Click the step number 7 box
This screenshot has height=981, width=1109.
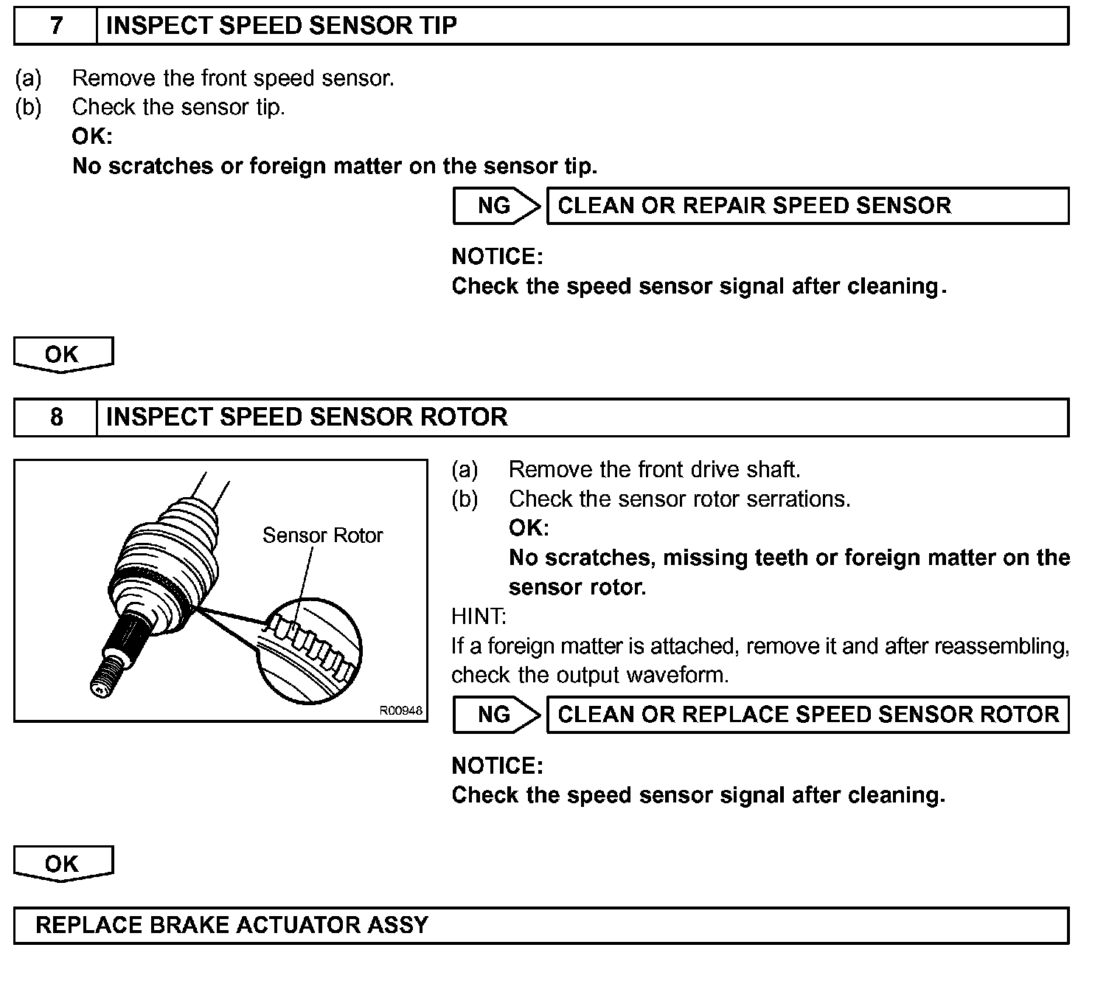(56, 26)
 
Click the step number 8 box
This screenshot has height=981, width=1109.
(56, 417)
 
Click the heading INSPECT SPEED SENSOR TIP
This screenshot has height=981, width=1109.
(282, 26)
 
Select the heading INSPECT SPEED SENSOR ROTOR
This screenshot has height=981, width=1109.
(307, 417)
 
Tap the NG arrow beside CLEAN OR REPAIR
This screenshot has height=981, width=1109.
(496, 206)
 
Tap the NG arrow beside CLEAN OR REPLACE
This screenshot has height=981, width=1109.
(496, 715)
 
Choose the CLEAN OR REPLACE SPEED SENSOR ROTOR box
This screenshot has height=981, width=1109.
(807, 715)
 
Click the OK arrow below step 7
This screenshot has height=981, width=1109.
(63, 354)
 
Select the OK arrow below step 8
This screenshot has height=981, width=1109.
(63, 864)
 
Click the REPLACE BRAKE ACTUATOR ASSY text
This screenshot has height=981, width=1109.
(232, 925)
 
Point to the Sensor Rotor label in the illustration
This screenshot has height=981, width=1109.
(322, 535)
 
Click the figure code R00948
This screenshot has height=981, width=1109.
(401, 711)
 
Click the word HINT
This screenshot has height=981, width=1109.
(479, 617)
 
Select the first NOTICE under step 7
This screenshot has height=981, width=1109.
(497, 257)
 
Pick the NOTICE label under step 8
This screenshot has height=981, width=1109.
(497, 766)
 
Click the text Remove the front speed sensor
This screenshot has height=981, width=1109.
(233, 78)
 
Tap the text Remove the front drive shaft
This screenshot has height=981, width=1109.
(654, 470)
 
